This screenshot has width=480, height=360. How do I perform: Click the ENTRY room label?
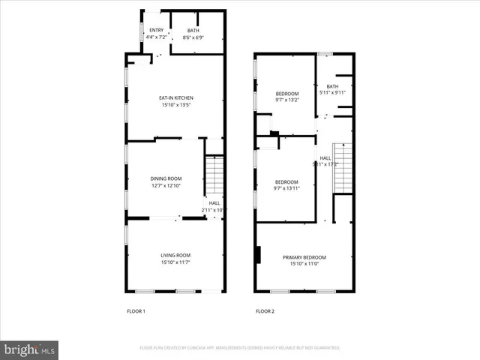coord(156,30)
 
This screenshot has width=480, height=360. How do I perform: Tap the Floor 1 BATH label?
coord(193,30)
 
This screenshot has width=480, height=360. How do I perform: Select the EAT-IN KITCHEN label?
coord(176,98)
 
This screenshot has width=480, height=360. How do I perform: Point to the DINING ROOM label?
coord(166,178)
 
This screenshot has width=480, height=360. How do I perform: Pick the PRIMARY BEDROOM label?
coord(304,257)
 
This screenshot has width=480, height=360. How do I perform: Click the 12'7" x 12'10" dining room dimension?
coord(166,185)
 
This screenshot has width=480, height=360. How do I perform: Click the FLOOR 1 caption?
coord(135,311)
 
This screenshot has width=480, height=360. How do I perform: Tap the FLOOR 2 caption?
coord(265,311)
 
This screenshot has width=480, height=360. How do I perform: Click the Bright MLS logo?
coord(30,349)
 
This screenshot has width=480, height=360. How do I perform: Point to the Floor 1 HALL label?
coord(214,202)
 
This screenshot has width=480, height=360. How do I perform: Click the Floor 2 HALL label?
coord(325,157)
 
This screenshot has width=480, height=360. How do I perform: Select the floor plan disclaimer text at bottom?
coord(240,348)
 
